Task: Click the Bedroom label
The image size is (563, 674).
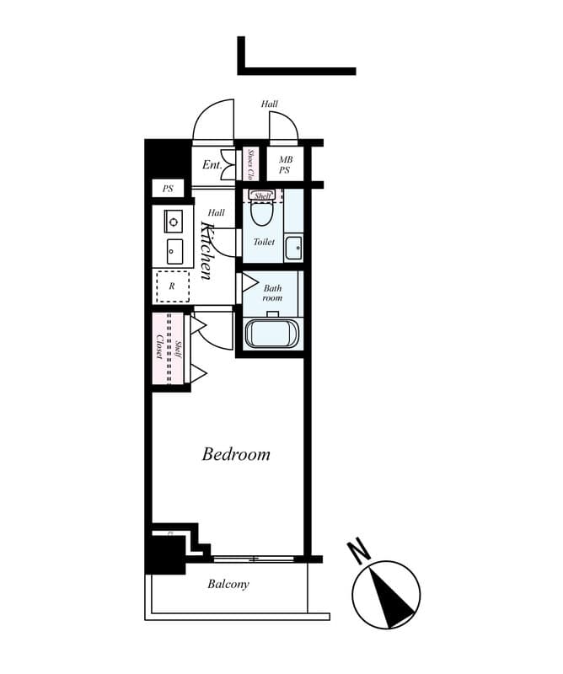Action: click(x=236, y=454)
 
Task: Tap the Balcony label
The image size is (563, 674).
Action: click(x=228, y=584)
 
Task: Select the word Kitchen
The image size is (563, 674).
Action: click(x=204, y=250)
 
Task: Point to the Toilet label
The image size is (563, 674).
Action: click(x=264, y=242)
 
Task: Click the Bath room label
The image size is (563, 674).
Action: click(x=271, y=292)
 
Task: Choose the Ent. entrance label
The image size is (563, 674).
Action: click(x=211, y=165)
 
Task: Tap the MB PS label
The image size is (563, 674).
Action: click(x=285, y=164)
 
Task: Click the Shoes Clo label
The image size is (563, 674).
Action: click(x=251, y=165)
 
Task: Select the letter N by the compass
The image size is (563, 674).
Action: click(x=360, y=553)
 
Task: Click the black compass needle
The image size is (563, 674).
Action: click(x=393, y=596)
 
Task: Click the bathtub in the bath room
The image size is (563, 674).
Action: click(x=271, y=334)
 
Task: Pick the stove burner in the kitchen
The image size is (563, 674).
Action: click(x=174, y=222)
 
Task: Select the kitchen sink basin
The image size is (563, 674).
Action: click(x=174, y=251)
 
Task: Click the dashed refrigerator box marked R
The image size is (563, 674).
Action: click(x=173, y=286)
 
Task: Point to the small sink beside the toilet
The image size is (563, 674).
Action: click(x=292, y=248)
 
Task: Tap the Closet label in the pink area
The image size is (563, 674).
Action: click(x=159, y=347)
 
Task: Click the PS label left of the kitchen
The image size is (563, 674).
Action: click(x=168, y=189)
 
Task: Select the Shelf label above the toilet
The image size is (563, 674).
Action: click(x=262, y=195)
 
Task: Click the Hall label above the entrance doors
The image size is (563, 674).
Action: click(x=270, y=104)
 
